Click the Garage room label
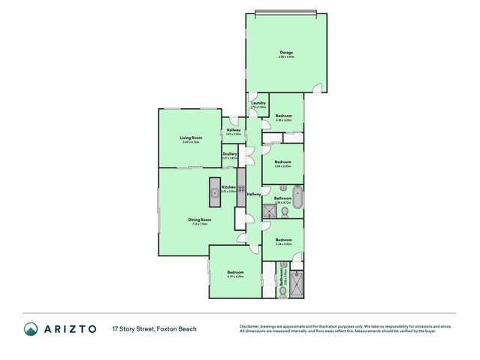click(x=285, y=52)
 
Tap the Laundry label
click(x=258, y=103)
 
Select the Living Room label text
click(x=191, y=138)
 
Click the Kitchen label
click(x=228, y=187)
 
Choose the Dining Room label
click(x=200, y=219)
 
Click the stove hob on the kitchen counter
click(x=242, y=189)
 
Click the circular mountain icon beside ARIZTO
click(x=32, y=329)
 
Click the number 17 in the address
click(x=116, y=329)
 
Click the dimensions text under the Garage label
click(x=285, y=57)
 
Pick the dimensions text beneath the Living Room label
click(x=191, y=142)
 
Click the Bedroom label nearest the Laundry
click(x=283, y=116)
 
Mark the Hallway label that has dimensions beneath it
click(x=234, y=130)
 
